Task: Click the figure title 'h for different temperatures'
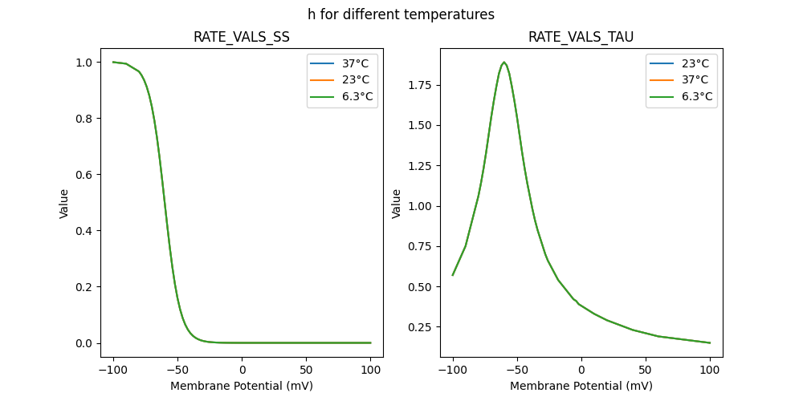[x=401, y=14]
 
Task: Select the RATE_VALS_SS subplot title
[x=242, y=38]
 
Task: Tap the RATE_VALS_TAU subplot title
[x=581, y=38]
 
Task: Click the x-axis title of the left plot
[x=242, y=386]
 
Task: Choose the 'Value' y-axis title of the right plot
[x=396, y=204]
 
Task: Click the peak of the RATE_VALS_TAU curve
[x=503, y=63]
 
